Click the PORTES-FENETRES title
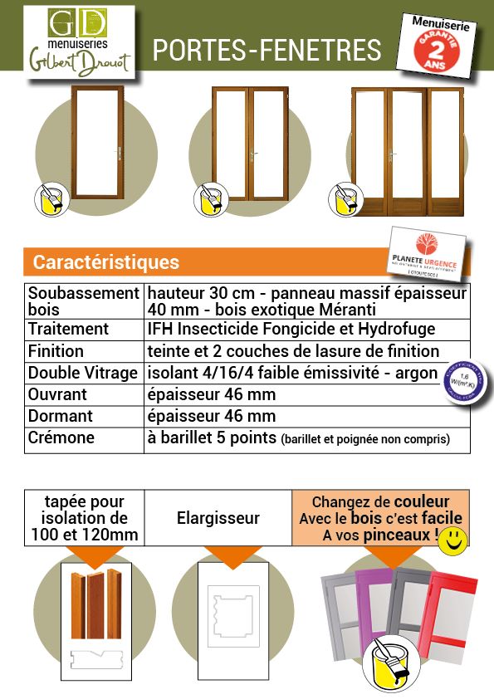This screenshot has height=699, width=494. coord(267,51)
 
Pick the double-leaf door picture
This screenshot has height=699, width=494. coord(249,143)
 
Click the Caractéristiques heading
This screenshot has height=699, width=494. coord(105,262)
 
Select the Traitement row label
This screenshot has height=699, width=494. coord(68,329)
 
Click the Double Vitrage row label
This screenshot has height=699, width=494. coord(82,373)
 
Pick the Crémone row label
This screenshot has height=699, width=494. coord(61,437)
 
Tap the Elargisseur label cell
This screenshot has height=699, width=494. coord(218,518)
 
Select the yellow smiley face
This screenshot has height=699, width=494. coord(452,540)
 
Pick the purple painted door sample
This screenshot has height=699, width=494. coord(374,602)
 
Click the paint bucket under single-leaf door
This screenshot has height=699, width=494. coord(50,200)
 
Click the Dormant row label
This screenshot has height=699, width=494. coord(61,416)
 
